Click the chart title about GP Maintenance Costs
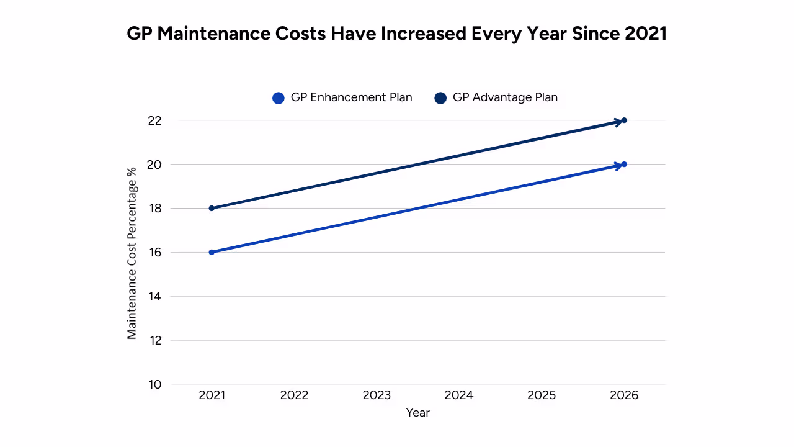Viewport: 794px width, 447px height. click(396, 34)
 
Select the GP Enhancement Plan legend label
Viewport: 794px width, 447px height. click(351, 97)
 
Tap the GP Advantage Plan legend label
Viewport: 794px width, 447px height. click(505, 97)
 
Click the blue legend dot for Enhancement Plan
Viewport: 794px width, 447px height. click(279, 98)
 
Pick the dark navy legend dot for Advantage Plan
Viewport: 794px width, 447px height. click(440, 98)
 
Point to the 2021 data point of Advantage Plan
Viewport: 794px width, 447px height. click(212, 208)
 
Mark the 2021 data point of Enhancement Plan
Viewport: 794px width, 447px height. click(212, 252)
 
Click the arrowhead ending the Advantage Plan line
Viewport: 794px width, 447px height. click(620, 121)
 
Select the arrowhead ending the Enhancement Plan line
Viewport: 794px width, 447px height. click(620, 165)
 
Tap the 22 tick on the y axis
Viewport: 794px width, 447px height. click(154, 120)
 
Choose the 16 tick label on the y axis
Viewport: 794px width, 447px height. click(154, 253)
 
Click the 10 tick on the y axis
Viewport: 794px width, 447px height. click(154, 384)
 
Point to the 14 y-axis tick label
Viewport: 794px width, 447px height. click(154, 297)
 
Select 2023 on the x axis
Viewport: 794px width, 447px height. click(377, 395)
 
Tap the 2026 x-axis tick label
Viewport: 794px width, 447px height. click(624, 395)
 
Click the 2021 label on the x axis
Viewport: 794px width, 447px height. click(212, 395)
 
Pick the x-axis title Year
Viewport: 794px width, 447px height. click(417, 412)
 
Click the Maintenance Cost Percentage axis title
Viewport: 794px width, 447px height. click(132, 252)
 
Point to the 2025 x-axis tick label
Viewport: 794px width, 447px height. click(542, 395)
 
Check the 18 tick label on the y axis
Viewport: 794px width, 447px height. click(154, 209)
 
